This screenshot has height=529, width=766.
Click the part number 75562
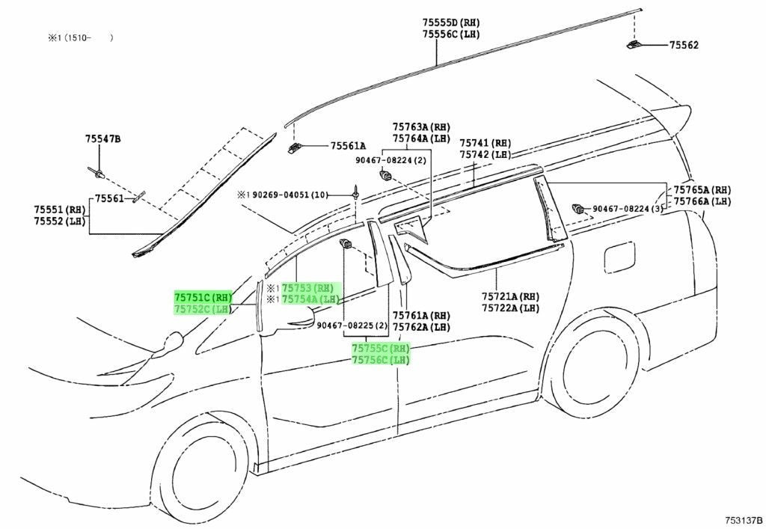(684, 45)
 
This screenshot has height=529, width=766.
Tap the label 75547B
(102, 139)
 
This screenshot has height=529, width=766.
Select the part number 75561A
(348, 146)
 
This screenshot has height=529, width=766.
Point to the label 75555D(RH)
(451, 22)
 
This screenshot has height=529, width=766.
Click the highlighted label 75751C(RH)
(203, 298)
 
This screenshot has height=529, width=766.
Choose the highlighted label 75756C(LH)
(381, 361)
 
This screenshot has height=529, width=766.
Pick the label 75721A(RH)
(510, 296)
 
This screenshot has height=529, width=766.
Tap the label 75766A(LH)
(702, 201)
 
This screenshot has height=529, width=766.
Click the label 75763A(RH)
(421, 127)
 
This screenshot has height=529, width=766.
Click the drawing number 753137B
(744, 520)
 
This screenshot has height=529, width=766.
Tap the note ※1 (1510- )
(81, 37)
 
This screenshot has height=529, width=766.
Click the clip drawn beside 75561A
(295, 147)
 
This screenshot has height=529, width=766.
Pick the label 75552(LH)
(59, 221)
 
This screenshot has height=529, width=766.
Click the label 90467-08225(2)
(352, 325)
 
